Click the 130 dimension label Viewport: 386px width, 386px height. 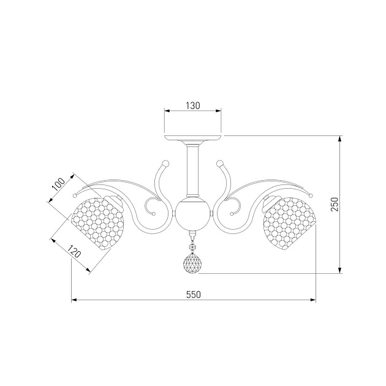[193, 105]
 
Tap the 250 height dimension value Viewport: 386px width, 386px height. [335, 204]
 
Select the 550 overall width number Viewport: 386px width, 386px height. [194, 295]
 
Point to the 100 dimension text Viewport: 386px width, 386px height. [58, 184]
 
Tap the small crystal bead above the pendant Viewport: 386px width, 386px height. [192, 246]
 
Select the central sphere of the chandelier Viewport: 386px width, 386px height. [193, 213]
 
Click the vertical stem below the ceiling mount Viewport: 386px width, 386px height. [193, 170]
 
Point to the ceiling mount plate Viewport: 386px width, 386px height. [193, 138]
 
